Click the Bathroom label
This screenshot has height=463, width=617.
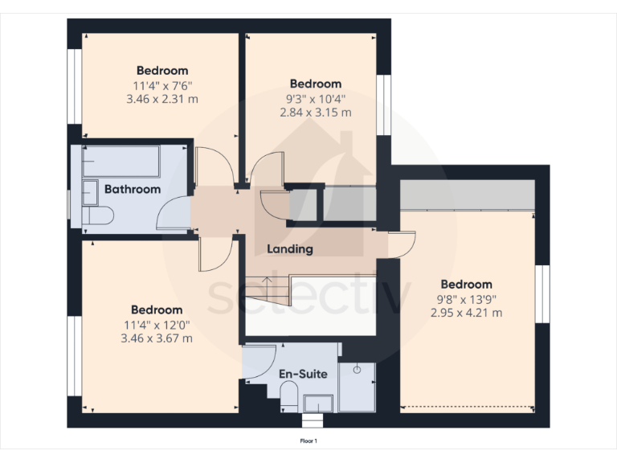(x=133, y=190)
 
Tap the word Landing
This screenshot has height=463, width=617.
(x=290, y=249)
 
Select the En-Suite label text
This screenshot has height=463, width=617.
(x=303, y=374)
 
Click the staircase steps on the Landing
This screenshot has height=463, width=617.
(x=267, y=290)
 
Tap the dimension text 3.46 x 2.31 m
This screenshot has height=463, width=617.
(x=162, y=99)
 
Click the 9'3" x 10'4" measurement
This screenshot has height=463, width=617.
(x=315, y=99)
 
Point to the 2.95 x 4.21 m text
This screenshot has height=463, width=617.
(x=466, y=313)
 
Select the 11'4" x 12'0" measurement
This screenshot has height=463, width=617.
(x=157, y=326)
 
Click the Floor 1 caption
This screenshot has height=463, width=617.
(x=308, y=441)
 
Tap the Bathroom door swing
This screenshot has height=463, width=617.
(x=174, y=214)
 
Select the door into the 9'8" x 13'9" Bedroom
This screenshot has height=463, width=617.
(x=402, y=244)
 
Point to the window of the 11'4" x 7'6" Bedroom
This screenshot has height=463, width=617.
(x=74, y=87)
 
